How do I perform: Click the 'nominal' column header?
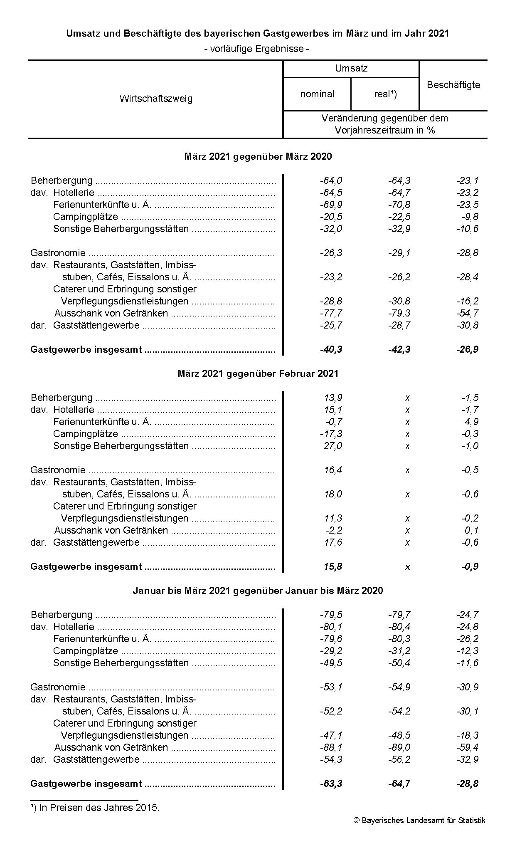click(x=317, y=94)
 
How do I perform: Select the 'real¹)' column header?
click(x=385, y=94)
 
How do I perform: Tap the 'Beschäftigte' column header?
click(x=453, y=85)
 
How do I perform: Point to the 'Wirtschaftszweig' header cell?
click(x=156, y=99)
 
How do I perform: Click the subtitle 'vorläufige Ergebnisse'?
click(x=257, y=49)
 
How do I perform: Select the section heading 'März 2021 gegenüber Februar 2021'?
click(x=258, y=373)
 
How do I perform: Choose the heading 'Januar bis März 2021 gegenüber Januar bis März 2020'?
click(x=258, y=591)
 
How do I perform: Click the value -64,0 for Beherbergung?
click(x=331, y=180)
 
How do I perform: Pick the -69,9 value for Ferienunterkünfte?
click(x=331, y=205)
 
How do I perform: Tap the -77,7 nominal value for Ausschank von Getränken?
click(x=331, y=313)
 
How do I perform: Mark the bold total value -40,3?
click(x=331, y=349)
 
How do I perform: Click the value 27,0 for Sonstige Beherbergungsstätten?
click(x=333, y=446)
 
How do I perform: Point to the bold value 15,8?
click(x=333, y=566)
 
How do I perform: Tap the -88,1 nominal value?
click(x=331, y=747)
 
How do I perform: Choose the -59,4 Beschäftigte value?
click(x=467, y=747)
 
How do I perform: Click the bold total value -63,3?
click(x=331, y=784)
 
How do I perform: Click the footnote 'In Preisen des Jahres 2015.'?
click(x=99, y=808)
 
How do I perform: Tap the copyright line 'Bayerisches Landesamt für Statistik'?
click(x=420, y=821)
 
